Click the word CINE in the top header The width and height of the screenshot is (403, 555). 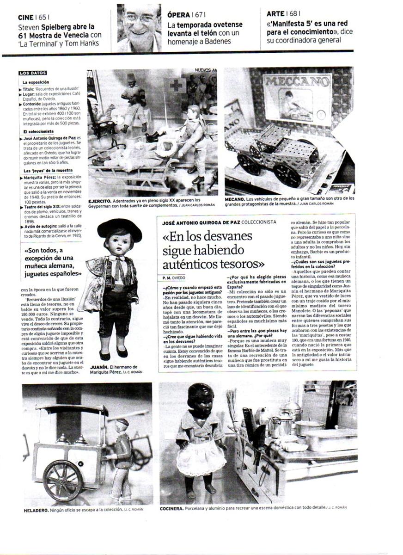(26, 18)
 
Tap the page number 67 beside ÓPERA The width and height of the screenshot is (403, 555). (200, 15)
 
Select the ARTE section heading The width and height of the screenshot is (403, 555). (275, 14)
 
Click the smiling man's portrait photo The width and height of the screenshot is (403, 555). (139, 28)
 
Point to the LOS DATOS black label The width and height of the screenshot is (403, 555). (33, 74)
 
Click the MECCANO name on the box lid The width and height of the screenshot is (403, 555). (297, 81)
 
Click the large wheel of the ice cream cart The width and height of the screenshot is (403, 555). (63, 480)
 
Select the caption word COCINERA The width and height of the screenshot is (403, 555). (171, 507)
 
